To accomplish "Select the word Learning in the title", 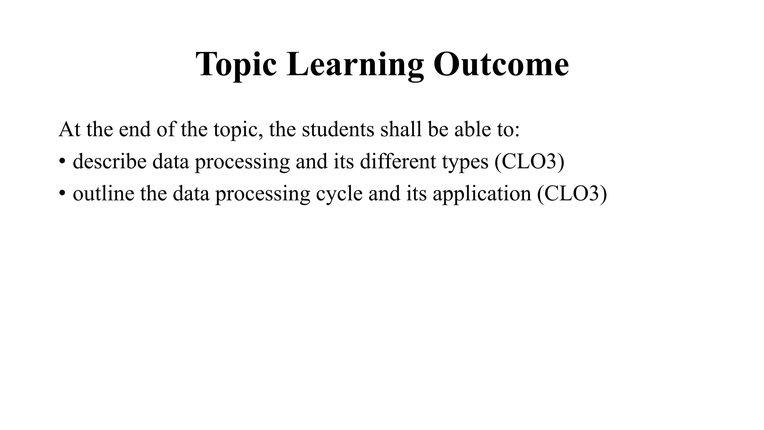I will [355, 64].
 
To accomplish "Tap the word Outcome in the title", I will [501, 64].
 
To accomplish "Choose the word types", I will [465, 162].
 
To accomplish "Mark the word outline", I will [103, 194].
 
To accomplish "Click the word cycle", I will [339, 194].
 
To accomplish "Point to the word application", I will [482, 194].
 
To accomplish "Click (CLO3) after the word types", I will [529, 162].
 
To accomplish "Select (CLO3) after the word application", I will [572, 194].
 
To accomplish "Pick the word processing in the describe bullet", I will [242, 162].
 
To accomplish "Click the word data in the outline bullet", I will [191, 194].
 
